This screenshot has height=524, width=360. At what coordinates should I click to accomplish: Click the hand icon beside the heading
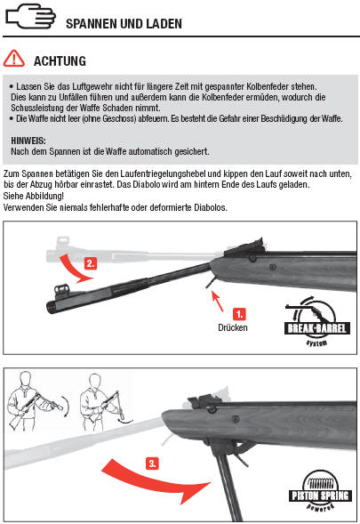[30, 16]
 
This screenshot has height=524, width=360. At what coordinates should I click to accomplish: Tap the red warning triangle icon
[13, 59]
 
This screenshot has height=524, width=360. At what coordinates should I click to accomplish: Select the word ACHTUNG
[60, 61]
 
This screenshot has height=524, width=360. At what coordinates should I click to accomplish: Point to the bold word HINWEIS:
[28, 141]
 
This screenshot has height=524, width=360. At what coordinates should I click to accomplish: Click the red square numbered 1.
[239, 314]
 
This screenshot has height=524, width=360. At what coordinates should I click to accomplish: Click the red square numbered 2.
[90, 263]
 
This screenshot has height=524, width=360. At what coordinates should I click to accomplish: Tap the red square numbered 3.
[152, 464]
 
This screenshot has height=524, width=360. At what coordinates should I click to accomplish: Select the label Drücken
[233, 327]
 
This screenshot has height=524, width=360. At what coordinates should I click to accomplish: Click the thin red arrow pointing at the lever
[218, 301]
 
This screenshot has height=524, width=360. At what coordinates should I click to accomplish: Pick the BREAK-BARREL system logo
[316, 322]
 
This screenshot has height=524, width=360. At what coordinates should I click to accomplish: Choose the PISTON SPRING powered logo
[320, 490]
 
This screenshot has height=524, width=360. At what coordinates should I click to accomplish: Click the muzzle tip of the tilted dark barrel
[49, 307]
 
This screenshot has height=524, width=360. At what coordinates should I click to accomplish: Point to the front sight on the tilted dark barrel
[61, 289]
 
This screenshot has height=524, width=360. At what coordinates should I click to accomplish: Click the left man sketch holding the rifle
[35, 400]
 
